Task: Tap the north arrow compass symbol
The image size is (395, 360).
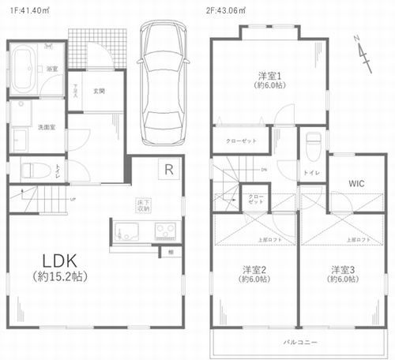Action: coord(363,54)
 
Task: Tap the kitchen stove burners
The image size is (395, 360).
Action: coord(165,231)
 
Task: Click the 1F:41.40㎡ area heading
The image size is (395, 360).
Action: coord(26,9)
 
